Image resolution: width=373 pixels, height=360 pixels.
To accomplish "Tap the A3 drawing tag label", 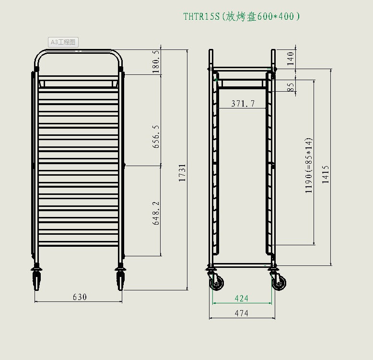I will pos(63,42).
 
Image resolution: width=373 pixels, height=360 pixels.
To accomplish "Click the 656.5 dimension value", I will pos(156,137).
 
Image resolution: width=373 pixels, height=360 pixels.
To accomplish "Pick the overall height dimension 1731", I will pos(182,173).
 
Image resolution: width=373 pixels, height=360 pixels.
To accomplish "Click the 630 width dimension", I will pos(80,297).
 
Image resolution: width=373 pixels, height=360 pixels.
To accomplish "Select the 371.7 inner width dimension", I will pos(243,103).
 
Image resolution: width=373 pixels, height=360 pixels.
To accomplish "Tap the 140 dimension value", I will pos(290,59).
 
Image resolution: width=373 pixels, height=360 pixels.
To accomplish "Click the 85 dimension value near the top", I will pos(290,87).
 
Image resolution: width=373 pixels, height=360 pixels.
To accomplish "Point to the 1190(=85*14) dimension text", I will pos(309,166).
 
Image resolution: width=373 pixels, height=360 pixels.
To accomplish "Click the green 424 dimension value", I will pos(242,299).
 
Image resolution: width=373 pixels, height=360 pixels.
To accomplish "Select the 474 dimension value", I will pos(242,313).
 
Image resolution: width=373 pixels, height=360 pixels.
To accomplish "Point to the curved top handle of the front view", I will pos(79,50).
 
